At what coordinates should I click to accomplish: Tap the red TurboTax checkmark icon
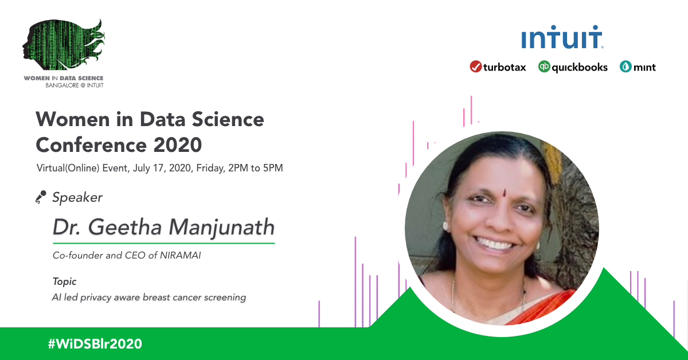[475, 67]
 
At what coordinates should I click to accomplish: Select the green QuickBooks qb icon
[544, 67]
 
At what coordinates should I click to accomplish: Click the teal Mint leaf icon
[625, 67]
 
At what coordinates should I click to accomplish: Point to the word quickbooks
[580, 67]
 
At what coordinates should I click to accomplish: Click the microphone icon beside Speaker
[40, 198]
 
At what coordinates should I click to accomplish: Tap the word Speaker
[77, 198]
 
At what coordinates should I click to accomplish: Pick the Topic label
[64, 281]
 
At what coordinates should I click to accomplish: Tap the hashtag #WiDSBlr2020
[95, 344]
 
